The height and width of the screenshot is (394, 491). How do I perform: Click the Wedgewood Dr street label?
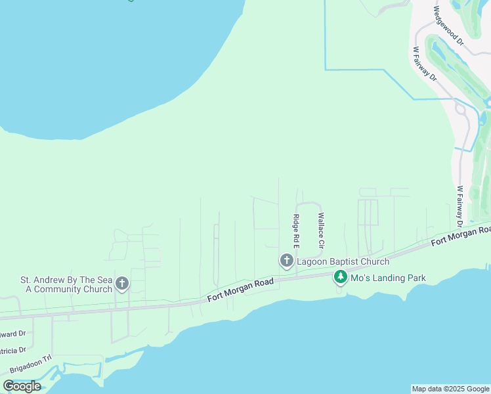pyautogui.click(x=448, y=26)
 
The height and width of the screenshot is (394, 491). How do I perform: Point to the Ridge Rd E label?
pyautogui.click(x=297, y=230)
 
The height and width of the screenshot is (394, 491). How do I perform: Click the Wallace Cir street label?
pyautogui.click(x=321, y=229)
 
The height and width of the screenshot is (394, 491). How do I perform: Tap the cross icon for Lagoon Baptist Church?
pyautogui.click(x=286, y=261)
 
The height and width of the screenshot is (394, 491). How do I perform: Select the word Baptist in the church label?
pyautogui.click(x=346, y=261)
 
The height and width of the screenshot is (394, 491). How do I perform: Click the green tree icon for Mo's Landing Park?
pyautogui.click(x=340, y=278)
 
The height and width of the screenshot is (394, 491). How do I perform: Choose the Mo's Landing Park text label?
pyautogui.click(x=388, y=278)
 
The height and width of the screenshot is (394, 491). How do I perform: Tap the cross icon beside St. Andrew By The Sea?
pyautogui.click(x=121, y=284)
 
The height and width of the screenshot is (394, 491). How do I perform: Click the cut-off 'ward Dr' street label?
pyautogui.click(x=12, y=333)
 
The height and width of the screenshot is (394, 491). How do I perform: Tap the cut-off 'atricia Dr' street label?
pyautogui.click(x=13, y=350)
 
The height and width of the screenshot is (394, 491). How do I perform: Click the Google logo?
pyautogui.click(x=22, y=386)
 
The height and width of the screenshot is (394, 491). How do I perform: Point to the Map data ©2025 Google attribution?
pyautogui.click(x=450, y=389)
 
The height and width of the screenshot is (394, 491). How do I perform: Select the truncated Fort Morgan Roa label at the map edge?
pyautogui.click(x=461, y=236)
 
